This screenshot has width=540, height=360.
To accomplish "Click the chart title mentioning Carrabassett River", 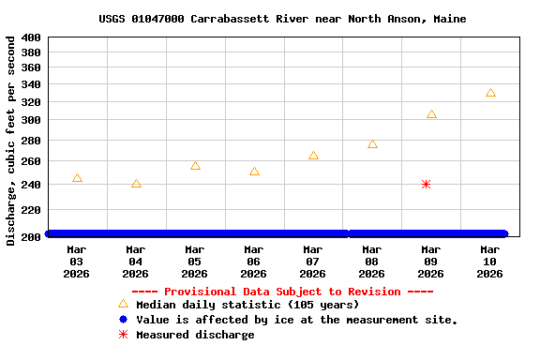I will click(282, 19).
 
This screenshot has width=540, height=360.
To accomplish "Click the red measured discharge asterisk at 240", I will click(426, 185).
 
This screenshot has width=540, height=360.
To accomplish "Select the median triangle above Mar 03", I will click(77, 178).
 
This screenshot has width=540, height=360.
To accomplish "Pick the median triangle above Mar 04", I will click(136, 184).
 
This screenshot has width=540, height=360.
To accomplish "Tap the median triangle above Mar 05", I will click(195, 166).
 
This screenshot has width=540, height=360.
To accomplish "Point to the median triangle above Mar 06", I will click(254, 172).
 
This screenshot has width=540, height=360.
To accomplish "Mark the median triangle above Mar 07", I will click(313, 156).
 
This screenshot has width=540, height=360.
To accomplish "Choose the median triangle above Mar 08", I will click(372, 144).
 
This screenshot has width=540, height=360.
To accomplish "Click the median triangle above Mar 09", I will click(431, 114).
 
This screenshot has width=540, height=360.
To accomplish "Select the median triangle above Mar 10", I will click(490, 93).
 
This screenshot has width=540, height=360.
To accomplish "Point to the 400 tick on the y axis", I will click(30, 37).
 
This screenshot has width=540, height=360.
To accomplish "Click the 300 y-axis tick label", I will click(30, 121).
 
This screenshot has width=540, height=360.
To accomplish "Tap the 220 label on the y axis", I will click(30, 211).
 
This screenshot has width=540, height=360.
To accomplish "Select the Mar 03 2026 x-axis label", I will click(77, 262).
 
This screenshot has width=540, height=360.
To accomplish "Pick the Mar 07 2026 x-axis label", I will click(313, 262).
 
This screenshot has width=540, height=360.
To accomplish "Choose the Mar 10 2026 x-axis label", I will click(490, 262).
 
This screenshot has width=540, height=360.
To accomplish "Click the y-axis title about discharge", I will click(11, 141).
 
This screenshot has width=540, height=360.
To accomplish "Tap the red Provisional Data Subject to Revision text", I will click(282, 292).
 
